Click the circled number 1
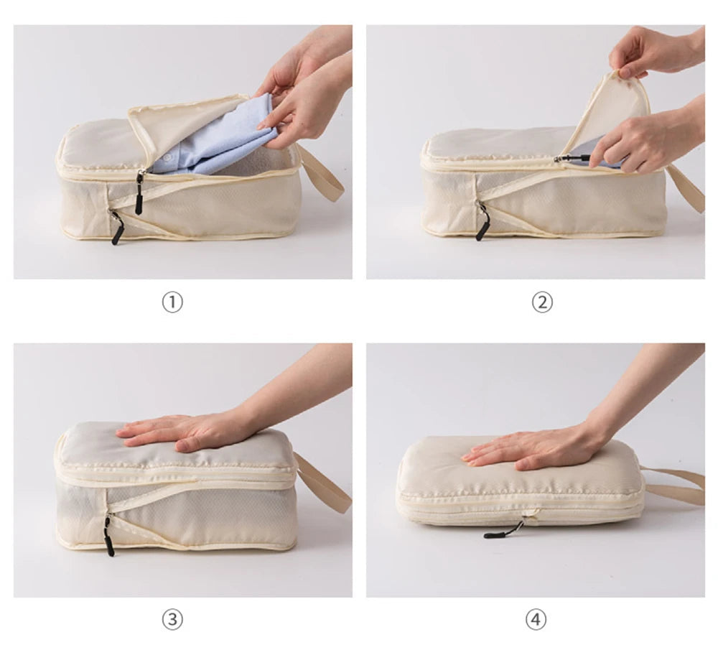tap(172, 302)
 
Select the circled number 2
tap(542, 302)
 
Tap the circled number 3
tap(172, 619)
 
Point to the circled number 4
tap(536, 619)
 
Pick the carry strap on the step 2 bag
tap(687, 188)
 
